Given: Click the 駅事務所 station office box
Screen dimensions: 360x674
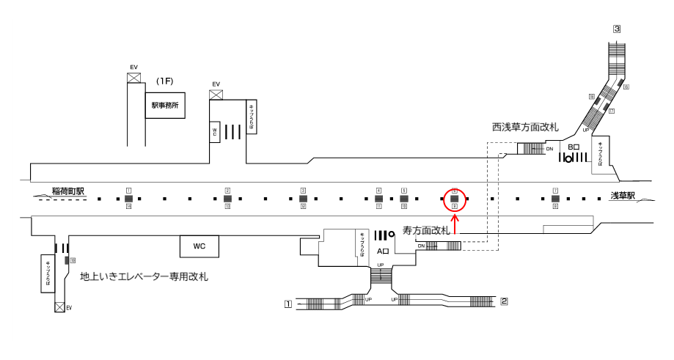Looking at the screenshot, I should point(165,106).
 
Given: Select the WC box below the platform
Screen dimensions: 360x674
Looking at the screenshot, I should point(199,246).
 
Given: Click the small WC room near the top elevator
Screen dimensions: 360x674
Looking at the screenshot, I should point(215,132).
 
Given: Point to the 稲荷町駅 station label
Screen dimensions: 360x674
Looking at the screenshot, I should point(68,191).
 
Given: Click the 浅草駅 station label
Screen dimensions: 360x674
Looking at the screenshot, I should point(623,196).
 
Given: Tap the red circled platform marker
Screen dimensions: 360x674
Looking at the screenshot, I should point(455,198).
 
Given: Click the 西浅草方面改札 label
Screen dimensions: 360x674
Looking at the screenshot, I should point(525,127).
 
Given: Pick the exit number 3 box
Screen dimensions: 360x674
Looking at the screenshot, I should point(617,29).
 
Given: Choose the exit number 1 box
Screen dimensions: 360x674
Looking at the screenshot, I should point(289,302).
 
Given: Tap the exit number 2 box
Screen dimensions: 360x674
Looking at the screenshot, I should point(504,301).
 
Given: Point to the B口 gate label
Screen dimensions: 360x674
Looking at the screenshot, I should point(574,147).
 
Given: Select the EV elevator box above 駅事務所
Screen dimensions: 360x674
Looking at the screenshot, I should point(134,78).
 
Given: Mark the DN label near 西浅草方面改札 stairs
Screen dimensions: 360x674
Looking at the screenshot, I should point(549,149).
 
